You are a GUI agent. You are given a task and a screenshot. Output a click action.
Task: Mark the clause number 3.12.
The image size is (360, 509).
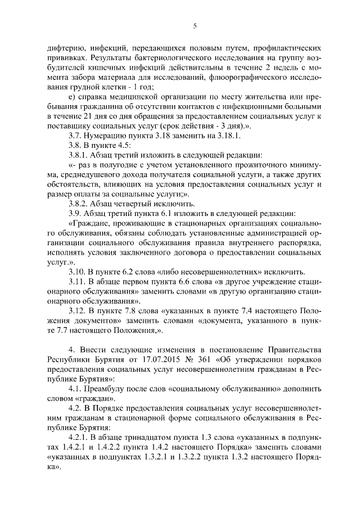pos(78,310)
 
